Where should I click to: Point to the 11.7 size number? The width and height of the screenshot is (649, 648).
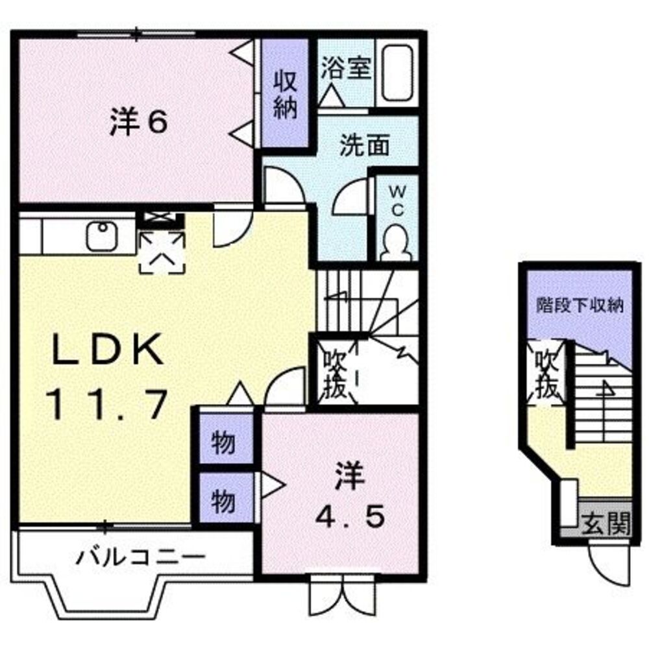click(x=107, y=405)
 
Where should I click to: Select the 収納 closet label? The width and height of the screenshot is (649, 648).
click(x=284, y=94)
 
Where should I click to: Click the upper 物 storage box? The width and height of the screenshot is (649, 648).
click(x=223, y=445)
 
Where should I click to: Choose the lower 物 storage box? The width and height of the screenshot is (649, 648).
click(x=223, y=500)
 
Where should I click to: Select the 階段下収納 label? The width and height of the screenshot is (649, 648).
click(x=580, y=305)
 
